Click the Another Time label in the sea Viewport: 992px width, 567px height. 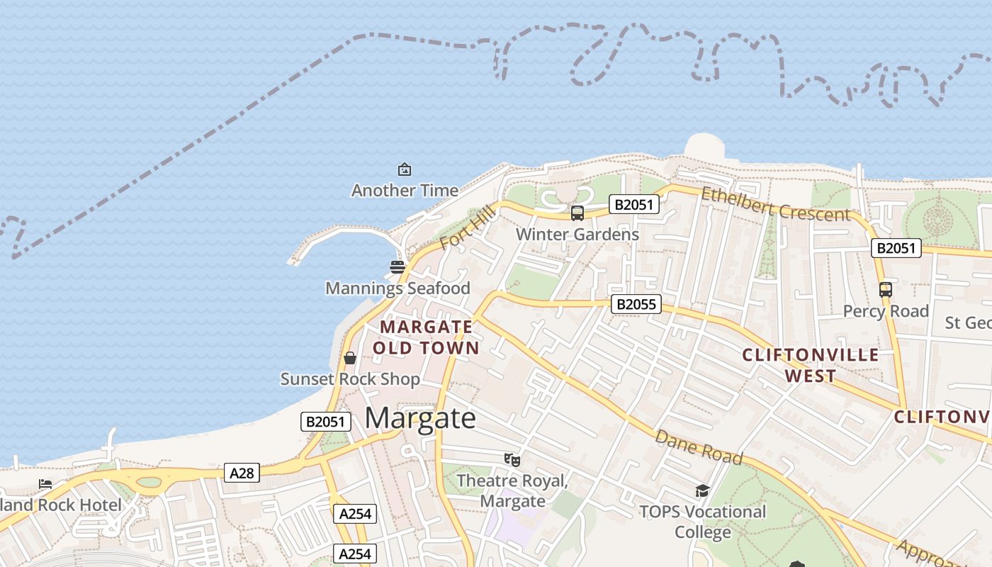coord(405,191)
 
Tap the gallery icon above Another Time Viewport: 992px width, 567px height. coord(405,169)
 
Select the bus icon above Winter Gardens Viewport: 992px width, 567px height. coord(577,213)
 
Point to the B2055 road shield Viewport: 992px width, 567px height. coord(636,305)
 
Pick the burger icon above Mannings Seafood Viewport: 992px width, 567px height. coord(397,267)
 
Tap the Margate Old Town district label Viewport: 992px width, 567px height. coord(426,337)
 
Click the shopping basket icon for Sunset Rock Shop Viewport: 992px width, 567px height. coord(349,358)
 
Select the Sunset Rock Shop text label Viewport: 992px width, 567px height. coord(350,379)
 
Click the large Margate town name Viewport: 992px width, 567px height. coord(420,418)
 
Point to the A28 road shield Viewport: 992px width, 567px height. coord(242,473)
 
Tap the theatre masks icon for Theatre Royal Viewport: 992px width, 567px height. coord(512,460)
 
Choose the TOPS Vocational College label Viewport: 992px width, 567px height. coord(702,522)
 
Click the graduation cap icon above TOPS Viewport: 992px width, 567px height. coord(702,490)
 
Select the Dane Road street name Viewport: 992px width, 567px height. coord(698,447)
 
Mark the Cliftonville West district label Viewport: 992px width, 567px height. coord(810,365)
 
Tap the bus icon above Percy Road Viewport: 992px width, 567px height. coord(886,289)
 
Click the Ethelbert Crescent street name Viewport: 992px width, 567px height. coord(775,204)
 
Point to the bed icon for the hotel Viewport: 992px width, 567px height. coord(45,484)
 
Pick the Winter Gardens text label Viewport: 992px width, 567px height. coord(577,235)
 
